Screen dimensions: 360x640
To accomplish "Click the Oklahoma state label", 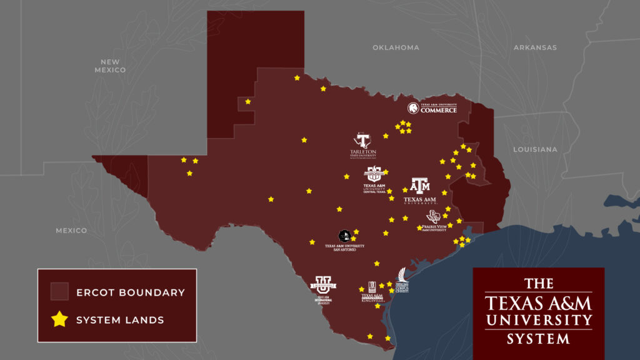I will tap(396, 47).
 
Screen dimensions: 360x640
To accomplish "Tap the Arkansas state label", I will tap(535, 47).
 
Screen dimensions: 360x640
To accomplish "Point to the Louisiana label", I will tap(535, 149).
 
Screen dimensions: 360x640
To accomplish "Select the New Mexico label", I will tap(110, 66).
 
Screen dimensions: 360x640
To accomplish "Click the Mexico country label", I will tap(71, 231).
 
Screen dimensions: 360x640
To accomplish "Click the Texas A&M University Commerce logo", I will tap(432, 108).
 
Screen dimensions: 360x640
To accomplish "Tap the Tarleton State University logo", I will tap(363, 145).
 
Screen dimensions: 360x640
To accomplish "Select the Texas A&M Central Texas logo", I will tap(374, 179).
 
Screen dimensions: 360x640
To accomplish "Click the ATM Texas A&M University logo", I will tap(420, 191).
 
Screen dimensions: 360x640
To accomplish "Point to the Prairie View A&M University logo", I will tap(434, 221).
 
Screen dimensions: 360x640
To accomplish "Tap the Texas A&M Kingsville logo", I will tap(372, 291).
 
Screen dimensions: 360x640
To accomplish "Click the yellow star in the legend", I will tap(59, 319).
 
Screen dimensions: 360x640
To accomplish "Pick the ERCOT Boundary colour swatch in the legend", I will tap(59, 292).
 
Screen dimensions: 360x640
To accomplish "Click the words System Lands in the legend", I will tap(120, 320).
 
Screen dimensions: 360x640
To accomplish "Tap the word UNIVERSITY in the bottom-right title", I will tap(538, 321).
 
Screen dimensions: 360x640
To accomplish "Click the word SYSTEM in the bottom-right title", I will tap(538, 339).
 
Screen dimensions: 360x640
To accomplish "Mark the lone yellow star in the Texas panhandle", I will tap(248, 101).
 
